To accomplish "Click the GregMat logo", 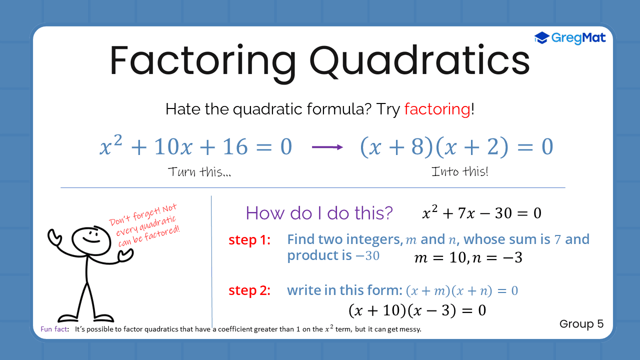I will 570,37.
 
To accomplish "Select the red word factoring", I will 437,109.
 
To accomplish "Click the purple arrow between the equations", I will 327,147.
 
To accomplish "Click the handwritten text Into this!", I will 459,172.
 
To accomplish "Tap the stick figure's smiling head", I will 87,239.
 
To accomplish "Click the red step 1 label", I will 249,240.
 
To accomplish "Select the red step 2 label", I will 249,290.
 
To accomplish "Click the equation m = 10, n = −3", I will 468,258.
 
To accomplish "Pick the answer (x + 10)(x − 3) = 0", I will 417,310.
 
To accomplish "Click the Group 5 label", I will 581,324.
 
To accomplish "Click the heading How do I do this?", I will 319,213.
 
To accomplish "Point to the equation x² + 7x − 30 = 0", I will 481,213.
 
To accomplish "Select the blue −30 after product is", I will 367,256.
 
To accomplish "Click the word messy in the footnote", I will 410,330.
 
